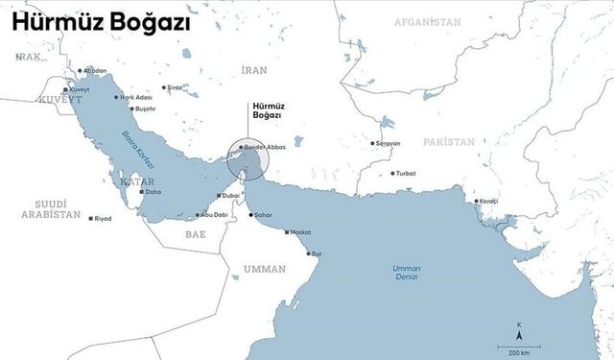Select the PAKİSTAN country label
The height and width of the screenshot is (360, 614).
(x=447, y=141)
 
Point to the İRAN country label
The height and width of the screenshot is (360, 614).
(x=254, y=70)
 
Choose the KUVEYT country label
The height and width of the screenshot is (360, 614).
(x=56, y=100)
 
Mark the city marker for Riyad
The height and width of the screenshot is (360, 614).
(x=91, y=219)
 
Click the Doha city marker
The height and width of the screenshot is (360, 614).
(x=142, y=192)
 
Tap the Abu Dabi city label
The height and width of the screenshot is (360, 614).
(x=213, y=215)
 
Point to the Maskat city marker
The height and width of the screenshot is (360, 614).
(x=287, y=232)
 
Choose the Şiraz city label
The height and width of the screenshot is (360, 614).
(x=174, y=87)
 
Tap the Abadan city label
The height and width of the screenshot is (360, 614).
(x=95, y=70)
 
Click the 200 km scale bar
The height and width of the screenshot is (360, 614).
(x=511, y=345)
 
